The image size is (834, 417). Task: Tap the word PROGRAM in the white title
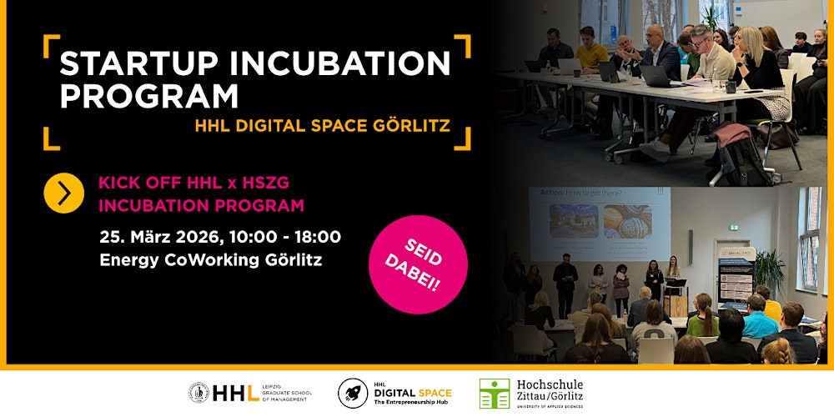click(x=148, y=98)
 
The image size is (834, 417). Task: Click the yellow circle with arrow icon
click(x=64, y=193)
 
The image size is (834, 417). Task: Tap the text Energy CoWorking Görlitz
click(x=210, y=259)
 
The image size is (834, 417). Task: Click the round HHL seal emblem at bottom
click(x=199, y=392)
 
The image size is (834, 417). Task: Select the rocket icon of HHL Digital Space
click(x=354, y=393)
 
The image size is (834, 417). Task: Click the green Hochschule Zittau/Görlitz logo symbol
click(x=494, y=393)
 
